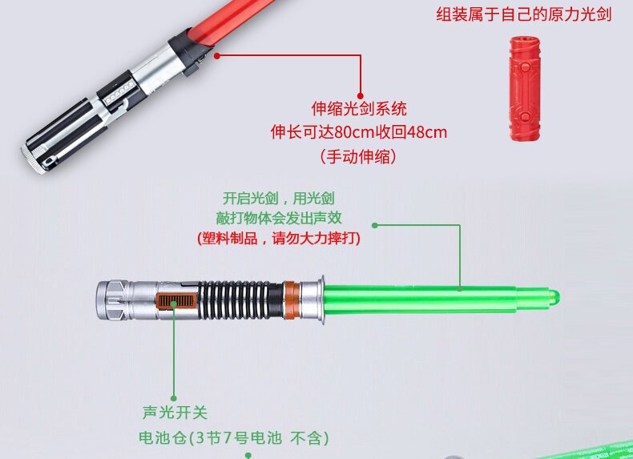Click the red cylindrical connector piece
[524, 88]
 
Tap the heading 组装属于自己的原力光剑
[523, 14]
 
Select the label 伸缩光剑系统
[359, 109]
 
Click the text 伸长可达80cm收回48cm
[359, 132]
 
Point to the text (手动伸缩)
[358, 156]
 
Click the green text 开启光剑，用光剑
[279, 198]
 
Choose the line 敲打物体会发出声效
[279, 218]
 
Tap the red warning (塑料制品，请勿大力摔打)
[279, 238]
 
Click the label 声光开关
[175, 413]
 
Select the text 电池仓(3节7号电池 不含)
[234, 437]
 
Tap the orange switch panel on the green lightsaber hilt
[176, 301]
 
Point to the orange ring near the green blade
[292, 300]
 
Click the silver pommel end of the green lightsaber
[112, 300]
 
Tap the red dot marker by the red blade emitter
[217, 56]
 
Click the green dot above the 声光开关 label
[174, 398]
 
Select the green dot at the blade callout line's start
[375, 225]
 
